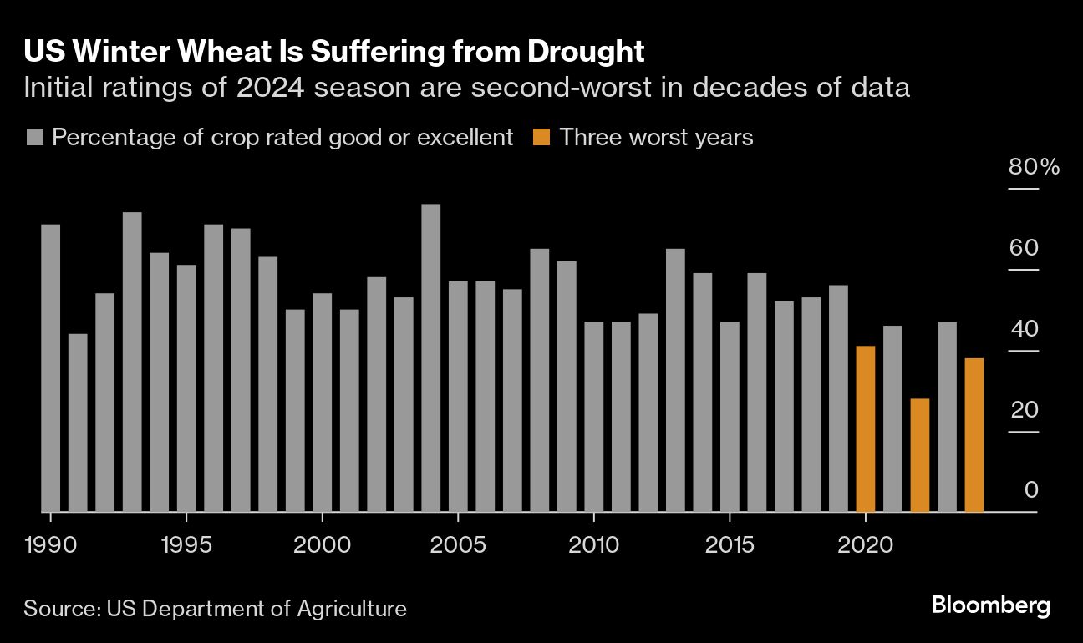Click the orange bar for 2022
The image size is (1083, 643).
919,455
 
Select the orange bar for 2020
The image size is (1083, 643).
865,428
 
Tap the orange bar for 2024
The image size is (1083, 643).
974,434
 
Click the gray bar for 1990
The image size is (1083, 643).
50,367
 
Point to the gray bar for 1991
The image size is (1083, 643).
78,423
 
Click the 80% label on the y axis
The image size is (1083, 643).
1034,167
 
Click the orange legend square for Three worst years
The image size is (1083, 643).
542,138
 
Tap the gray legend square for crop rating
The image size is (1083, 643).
34,138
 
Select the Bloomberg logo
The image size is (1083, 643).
990,606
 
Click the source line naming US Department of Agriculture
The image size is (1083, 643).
215,608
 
